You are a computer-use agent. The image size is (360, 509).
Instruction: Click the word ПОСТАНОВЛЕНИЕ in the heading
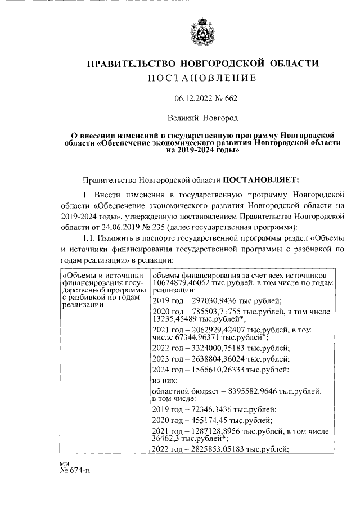(202, 78)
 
